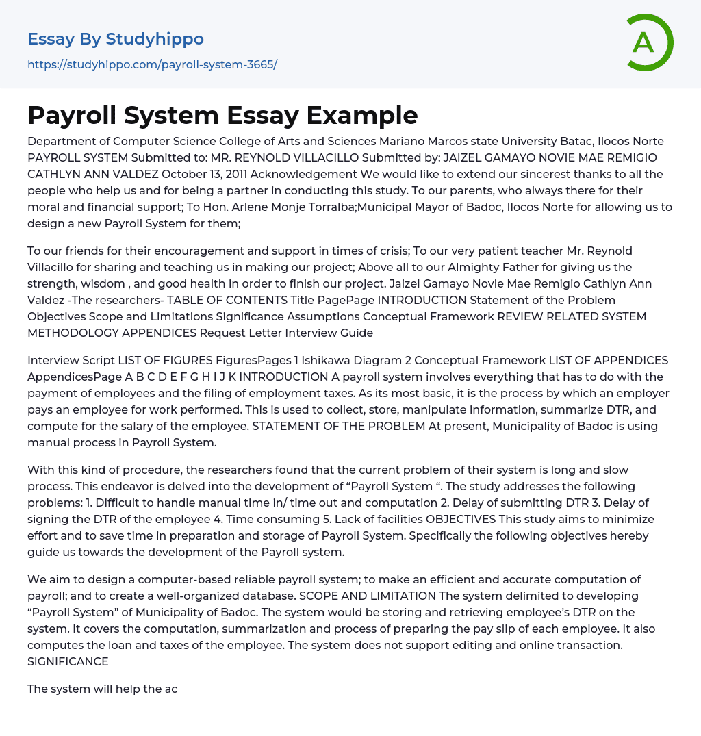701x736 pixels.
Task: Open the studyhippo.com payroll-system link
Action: click(152, 65)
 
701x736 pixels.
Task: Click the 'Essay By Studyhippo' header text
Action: click(116, 39)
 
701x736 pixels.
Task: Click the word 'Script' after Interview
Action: click(98, 360)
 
